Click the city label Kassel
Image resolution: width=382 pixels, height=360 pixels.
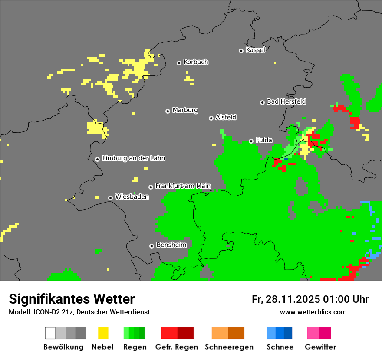(255, 50)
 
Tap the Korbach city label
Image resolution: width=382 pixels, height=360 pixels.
(196, 62)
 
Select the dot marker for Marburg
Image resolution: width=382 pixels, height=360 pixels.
(168, 111)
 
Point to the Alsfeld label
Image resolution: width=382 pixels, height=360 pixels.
(226, 117)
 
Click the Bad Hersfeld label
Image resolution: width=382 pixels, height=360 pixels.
(286, 101)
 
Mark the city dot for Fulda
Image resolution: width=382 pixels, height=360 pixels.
(251, 141)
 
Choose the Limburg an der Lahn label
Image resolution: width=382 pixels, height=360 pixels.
(133, 158)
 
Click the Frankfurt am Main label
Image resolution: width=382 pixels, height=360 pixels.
(183, 186)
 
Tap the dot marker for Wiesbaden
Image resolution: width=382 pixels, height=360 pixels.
(111, 198)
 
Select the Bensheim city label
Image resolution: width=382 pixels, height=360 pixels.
(171, 245)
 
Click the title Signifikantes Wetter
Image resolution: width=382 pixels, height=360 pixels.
(72, 299)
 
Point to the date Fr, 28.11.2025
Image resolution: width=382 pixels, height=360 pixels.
(286, 299)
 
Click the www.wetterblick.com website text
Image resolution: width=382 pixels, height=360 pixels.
(313, 312)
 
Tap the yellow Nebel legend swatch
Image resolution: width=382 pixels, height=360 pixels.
(103, 333)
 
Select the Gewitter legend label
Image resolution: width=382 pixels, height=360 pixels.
(320, 347)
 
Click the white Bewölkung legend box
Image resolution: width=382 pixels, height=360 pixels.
(50, 333)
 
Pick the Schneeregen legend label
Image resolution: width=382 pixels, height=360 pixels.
(229, 347)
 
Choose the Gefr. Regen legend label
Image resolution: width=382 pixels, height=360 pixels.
(177, 347)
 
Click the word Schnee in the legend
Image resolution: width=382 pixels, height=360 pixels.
(280, 347)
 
